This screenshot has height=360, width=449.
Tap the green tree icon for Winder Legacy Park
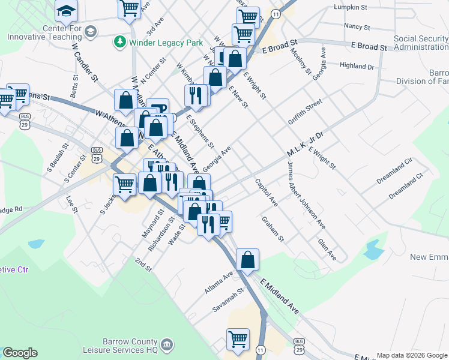(120, 41)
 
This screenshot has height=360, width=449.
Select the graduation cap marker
(66, 9)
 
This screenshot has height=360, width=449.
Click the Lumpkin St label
(350, 7)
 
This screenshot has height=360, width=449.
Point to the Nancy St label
(356, 26)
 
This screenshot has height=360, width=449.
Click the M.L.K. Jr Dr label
(304, 145)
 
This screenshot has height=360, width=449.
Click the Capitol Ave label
(266, 193)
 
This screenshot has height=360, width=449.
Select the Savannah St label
(228, 300)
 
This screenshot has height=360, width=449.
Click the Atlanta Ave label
(218, 283)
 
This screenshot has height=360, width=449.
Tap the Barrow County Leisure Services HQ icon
(167, 345)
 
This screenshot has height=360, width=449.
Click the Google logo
(20, 353)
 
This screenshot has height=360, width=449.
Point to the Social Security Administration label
(421, 43)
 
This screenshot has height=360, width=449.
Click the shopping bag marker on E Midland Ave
(247, 260)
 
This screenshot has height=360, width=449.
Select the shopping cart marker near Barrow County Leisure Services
(238, 339)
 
